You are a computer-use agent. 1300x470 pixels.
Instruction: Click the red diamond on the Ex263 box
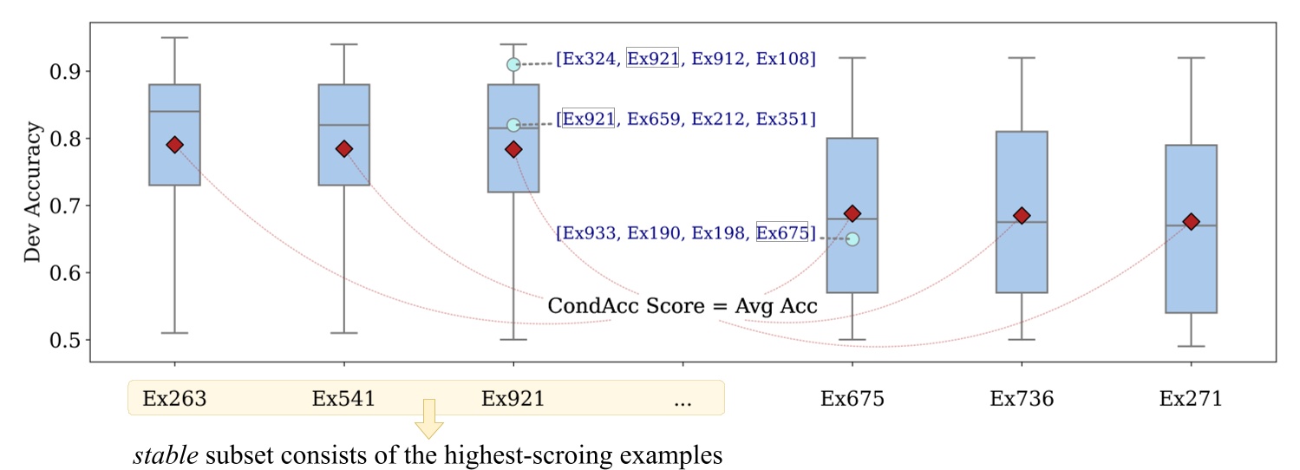click(174, 145)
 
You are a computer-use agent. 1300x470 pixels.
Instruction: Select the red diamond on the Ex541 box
click(344, 149)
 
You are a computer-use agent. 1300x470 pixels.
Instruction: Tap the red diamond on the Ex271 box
click(1191, 222)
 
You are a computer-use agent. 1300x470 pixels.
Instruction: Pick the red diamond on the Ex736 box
click(1022, 216)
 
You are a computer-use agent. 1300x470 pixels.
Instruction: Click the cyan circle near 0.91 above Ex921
click(513, 64)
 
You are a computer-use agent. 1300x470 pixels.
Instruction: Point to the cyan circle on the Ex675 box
click(853, 239)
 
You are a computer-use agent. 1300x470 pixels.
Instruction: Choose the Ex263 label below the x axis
click(174, 399)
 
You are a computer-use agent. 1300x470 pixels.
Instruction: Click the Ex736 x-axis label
click(1022, 399)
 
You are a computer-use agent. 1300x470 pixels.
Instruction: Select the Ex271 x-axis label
click(1191, 399)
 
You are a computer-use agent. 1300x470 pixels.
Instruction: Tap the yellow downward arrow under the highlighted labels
click(428, 420)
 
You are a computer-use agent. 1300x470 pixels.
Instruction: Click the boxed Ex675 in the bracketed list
click(781, 232)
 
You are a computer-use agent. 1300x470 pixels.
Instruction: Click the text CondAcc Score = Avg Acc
click(683, 306)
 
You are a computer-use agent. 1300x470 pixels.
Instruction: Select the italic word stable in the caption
click(155, 455)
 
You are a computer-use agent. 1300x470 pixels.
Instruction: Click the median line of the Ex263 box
click(174, 112)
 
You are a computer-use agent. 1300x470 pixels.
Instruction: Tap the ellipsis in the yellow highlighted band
click(683, 400)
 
